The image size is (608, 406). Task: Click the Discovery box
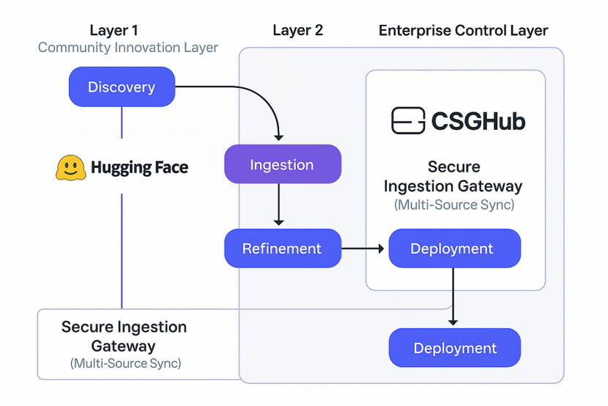(122, 87)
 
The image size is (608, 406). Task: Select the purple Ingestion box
(283, 164)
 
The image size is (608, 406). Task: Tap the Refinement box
(283, 248)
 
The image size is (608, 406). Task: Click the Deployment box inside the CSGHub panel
(454, 248)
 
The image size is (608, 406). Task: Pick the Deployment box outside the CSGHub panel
(454, 348)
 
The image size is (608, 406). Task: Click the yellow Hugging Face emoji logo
(70, 168)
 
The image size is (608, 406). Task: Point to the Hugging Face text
(140, 168)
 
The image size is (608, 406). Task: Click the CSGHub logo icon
(408, 121)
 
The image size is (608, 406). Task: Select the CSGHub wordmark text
(478, 121)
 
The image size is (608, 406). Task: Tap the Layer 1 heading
(114, 30)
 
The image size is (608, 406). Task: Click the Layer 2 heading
(298, 30)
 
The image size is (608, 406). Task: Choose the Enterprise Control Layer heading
(464, 30)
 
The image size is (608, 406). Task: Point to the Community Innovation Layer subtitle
(128, 48)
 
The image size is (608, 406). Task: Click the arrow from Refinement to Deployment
(363, 248)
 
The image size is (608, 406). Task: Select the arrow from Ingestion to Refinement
(278, 204)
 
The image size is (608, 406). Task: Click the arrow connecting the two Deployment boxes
(453, 297)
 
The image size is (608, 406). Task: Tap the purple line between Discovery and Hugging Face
(122, 122)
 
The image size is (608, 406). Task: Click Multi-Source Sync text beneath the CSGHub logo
(454, 204)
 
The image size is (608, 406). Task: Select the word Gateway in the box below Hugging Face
(123, 346)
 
